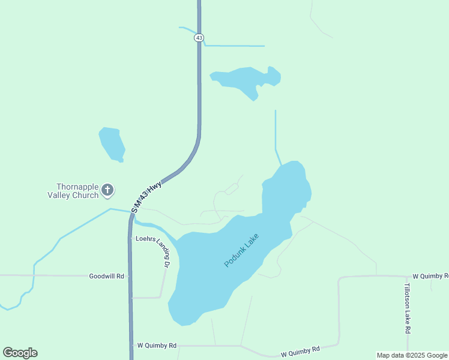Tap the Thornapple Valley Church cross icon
tap(107, 191)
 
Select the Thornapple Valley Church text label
tap(73, 191)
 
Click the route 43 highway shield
tap(199, 37)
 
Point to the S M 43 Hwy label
tap(147, 196)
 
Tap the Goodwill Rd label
tap(106, 276)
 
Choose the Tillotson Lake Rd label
tap(407, 308)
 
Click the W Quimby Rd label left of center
tap(157, 346)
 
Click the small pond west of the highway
tap(112, 144)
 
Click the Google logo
tap(20, 353)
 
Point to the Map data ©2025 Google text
tap(412, 355)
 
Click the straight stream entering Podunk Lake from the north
tap(276, 132)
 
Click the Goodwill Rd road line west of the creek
tap(15, 275)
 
